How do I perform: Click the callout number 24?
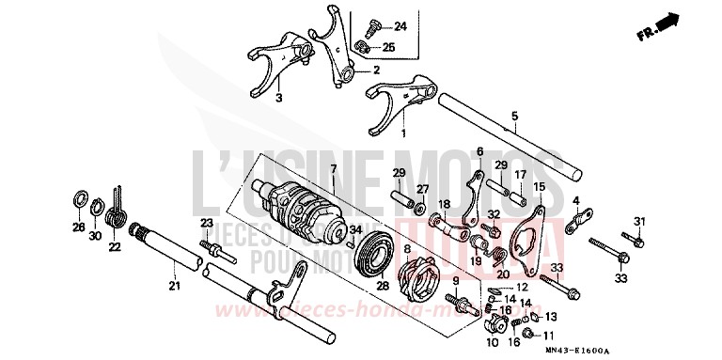(400, 25)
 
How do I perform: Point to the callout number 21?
(172, 286)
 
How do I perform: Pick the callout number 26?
(78, 228)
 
